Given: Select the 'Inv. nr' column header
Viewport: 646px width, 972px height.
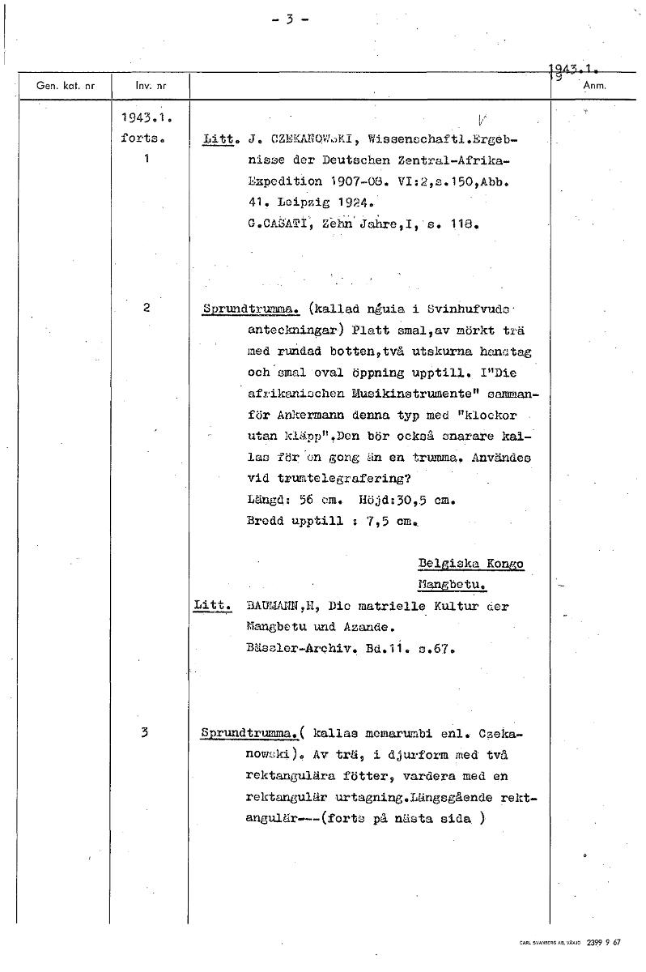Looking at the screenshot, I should pyautogui.click(x=149, y=84).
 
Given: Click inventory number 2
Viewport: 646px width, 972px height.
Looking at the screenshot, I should pyautogui.click(x=147, y=308).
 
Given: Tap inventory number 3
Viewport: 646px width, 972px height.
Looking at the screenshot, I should pyautogui.click(x=144, y=733).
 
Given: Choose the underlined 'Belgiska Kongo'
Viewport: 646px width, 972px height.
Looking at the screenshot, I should pyautogui.click(x=470, y=564).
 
